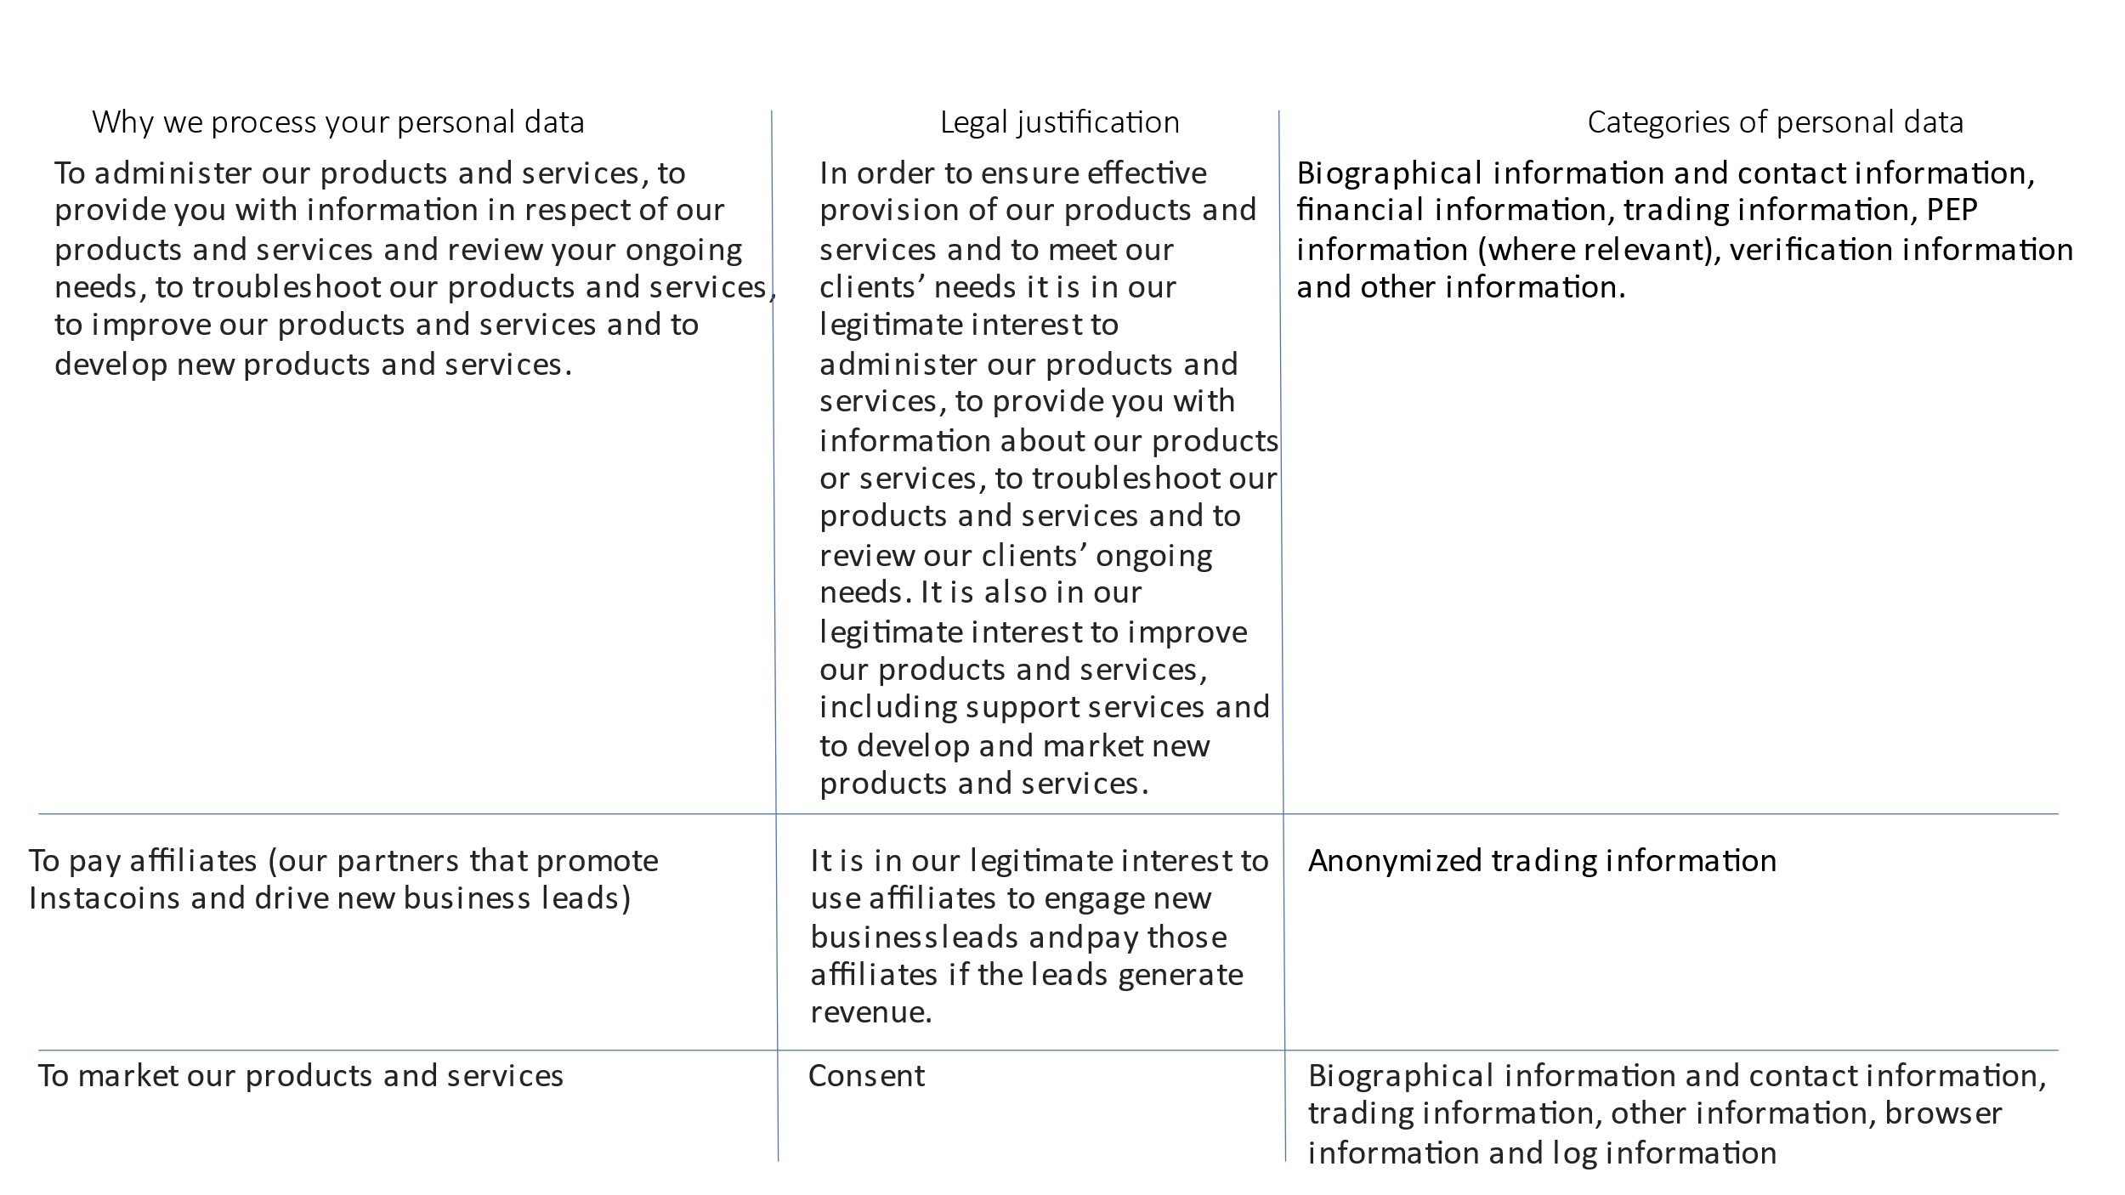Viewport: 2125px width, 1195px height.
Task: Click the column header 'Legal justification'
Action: coord(1059,122)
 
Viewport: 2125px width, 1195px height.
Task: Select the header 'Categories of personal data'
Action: coord(1775,122)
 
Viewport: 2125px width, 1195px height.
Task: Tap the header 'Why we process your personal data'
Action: coord(338,122)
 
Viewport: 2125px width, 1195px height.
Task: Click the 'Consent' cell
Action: coord(866,1076)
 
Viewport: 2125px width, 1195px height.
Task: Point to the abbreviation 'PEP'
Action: coord(1952,210)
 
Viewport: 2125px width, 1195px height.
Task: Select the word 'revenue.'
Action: coord(871,1012)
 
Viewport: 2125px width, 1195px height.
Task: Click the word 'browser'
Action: coord(1943,1113)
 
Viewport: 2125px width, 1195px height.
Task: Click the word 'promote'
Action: coord(597,861)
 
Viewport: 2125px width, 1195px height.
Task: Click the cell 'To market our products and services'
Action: coord(301,1076)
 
